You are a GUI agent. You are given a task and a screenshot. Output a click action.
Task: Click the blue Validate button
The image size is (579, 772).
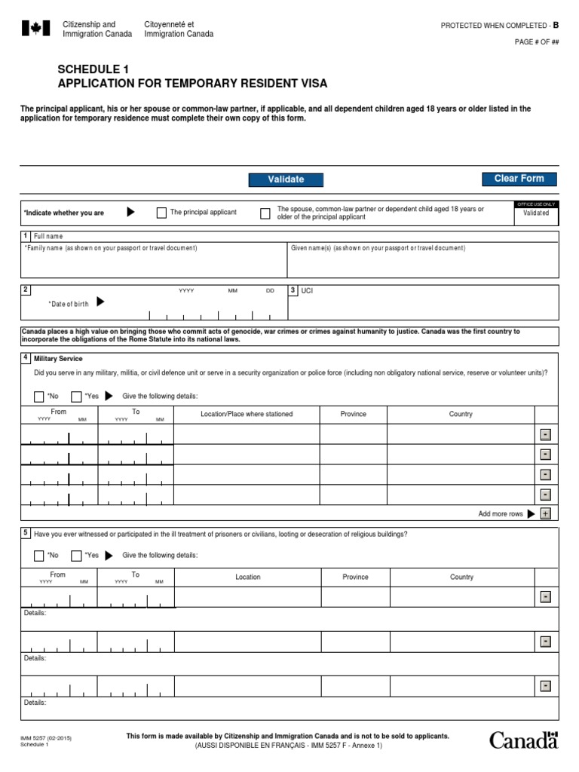(x=286, y=179)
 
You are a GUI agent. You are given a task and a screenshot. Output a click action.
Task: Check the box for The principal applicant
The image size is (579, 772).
(x=161, y=213)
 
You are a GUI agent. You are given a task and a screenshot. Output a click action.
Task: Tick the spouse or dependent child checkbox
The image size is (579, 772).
(x=265, y=213)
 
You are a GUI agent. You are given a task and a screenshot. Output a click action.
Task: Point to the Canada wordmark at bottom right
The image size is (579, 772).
(x=524, y=740)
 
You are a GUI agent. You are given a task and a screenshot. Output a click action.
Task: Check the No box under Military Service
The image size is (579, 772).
(x=39, y=397)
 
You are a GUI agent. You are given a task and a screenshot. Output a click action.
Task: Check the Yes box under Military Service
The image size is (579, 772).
(x=76, y=397)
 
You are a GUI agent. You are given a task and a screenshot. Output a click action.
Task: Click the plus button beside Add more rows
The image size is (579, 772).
(x=546, y=513)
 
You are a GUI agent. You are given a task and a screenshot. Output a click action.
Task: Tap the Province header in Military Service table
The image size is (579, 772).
(x=353, y=414)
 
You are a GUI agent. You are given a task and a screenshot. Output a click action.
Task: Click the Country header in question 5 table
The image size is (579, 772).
(x=461, y=577)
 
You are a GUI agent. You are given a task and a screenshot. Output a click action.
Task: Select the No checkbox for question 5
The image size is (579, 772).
(x=39, y=556)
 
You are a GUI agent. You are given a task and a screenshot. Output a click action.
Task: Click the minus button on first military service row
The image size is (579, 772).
(x=546, y=434)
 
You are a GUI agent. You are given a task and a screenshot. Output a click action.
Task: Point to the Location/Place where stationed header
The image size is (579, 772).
(x=247, y=414)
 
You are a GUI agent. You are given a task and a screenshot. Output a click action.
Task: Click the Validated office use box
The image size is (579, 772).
(x=536, y=213)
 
